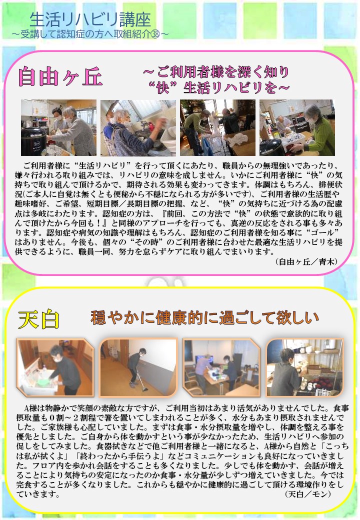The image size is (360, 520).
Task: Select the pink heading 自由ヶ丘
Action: click(60, 76)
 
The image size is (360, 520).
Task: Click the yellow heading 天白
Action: click(39, 319)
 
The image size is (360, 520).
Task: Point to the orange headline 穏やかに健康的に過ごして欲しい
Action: click(204, 317)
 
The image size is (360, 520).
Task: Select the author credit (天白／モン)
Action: click(308, 494)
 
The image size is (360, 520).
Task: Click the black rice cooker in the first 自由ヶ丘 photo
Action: click(33, 141)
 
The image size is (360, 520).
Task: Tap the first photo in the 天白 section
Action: click(55, 367)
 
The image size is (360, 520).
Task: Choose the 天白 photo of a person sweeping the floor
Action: click(138, 367)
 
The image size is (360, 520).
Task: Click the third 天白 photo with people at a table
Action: click(221, 367)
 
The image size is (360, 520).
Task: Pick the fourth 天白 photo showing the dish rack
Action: click(304, 367)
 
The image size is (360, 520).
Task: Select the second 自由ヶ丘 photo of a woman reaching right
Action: click(138, 127)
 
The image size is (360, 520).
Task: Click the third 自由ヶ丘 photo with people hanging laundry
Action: click(218, 127)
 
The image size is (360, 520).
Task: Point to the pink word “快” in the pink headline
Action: click(163, 87)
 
